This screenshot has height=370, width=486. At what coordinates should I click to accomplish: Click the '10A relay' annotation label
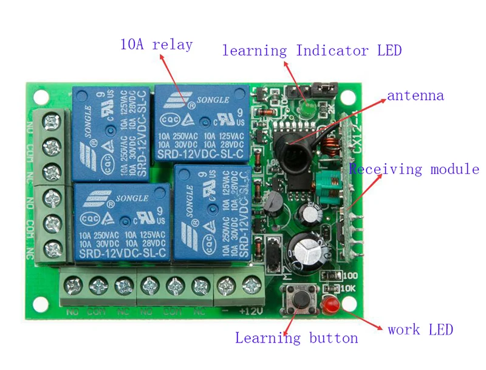click(156, 45)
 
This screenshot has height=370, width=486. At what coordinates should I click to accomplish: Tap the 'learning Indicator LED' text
click(312, 51)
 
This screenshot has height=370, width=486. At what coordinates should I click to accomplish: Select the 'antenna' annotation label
click(416, 96)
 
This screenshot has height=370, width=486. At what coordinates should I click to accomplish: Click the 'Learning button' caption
click(296, 338)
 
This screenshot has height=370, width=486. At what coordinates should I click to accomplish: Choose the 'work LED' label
click(420, 330)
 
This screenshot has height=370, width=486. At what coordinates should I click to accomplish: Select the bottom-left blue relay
click(121, 222)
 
